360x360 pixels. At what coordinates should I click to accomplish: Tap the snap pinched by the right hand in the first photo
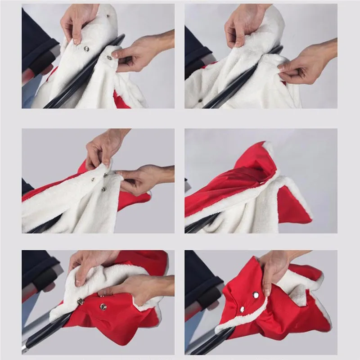109,57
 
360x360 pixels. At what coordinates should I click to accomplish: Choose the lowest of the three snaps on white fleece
103,189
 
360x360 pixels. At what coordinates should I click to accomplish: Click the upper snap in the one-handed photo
256,295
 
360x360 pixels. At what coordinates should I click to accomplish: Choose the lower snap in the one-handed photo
242,310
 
